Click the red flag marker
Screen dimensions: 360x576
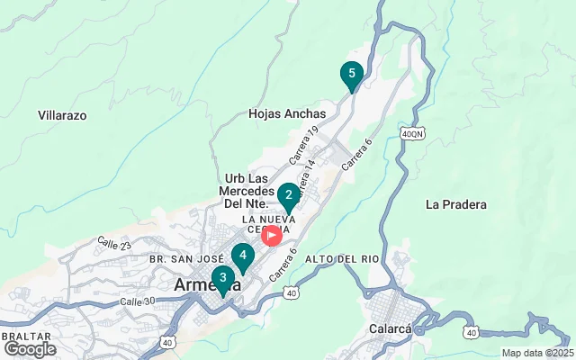[x=271, y=237]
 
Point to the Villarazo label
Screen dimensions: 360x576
[x=62, y=115]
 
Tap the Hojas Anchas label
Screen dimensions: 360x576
[x=285, y=114]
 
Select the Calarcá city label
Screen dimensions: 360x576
[x=391, y=328]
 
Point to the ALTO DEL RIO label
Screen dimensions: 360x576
[x=342, y=259]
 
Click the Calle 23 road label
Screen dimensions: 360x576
[x=114, y=244]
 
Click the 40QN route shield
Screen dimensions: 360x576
[x=412, y=133]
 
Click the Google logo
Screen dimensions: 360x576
[x=30, y=348]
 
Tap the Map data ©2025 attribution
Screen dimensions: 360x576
[x=536, y=353]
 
